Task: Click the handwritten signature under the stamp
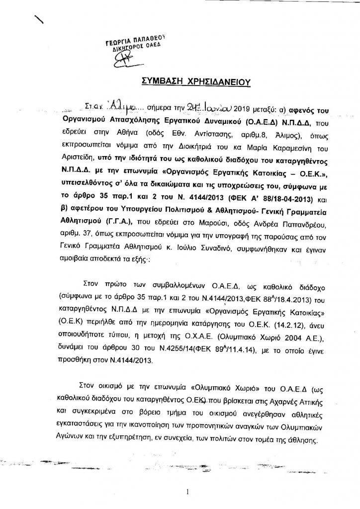pos(130,59)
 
